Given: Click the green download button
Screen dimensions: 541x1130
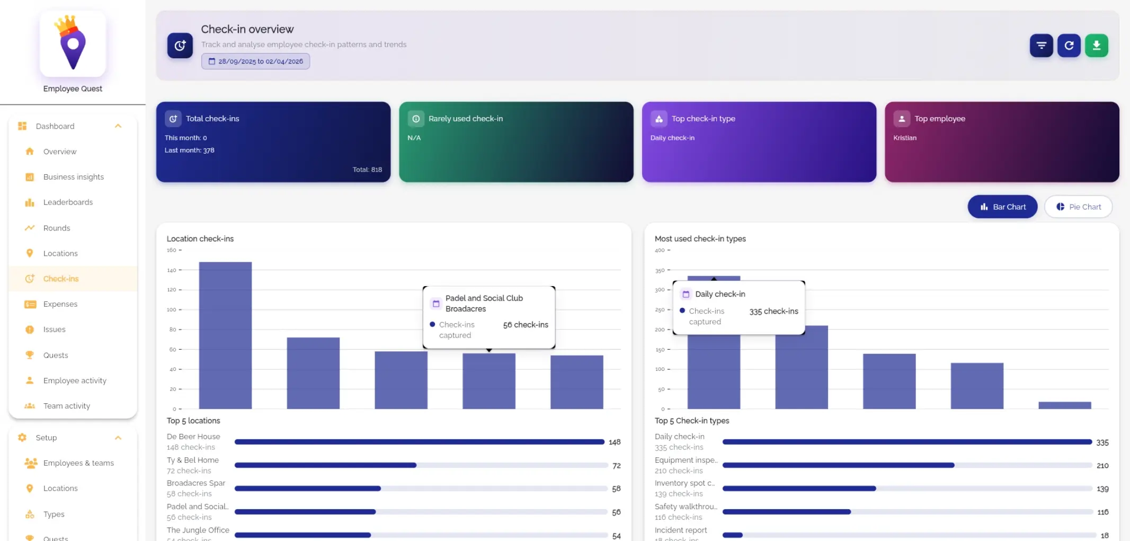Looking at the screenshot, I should [x=1096, y=46].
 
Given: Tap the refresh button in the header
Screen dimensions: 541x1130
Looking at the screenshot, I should [x=1069, y=46].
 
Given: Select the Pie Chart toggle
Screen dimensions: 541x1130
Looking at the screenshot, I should [x=1078, y=207].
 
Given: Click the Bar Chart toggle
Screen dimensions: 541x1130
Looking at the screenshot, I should [x=1002, y=207].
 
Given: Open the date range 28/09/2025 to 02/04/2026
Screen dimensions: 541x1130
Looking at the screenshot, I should [x=255, y=61].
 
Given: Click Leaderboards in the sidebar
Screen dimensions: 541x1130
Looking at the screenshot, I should [x=68, y=202].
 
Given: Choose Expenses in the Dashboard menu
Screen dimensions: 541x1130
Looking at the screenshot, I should [x=60, y=304].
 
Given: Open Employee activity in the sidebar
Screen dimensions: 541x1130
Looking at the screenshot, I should [x=75, y=380].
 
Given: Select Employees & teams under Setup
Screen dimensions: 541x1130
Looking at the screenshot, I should [x=78, y=463].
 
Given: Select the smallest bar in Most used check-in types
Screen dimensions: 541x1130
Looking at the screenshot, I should [x=1064, y=405].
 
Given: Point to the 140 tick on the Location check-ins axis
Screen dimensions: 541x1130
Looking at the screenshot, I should [x=172, y=270].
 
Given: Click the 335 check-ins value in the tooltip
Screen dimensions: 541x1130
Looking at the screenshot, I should [x=773, y=312].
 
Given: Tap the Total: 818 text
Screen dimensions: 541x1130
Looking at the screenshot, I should [x=367, y=170].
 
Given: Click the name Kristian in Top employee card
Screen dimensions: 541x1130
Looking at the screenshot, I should [x=905, y=138].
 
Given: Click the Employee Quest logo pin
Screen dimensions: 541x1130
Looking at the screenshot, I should [x=73, y=45].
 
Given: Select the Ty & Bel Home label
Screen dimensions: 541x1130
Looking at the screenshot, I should [x=193, y=460].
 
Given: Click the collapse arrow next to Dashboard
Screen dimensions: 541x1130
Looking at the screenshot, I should [x=118, y=126].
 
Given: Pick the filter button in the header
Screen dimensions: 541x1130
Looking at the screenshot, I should [x=1041, y=46].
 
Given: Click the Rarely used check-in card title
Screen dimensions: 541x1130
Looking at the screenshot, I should [x=466, y=119].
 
